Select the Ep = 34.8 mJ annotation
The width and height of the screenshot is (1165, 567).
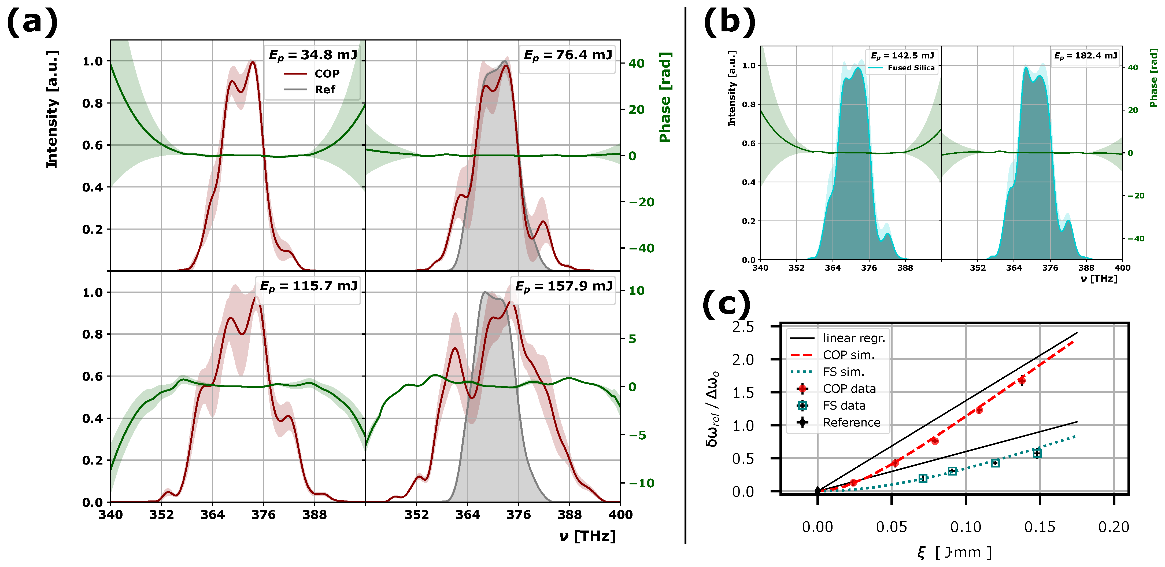coord(313,55)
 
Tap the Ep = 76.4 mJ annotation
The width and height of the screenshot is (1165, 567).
coord(568,55)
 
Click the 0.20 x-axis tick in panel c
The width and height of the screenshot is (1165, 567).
coord(1114,527)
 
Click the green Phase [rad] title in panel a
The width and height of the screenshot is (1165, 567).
coord(665,97)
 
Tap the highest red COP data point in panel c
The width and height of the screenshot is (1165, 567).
coord(1022,381)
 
